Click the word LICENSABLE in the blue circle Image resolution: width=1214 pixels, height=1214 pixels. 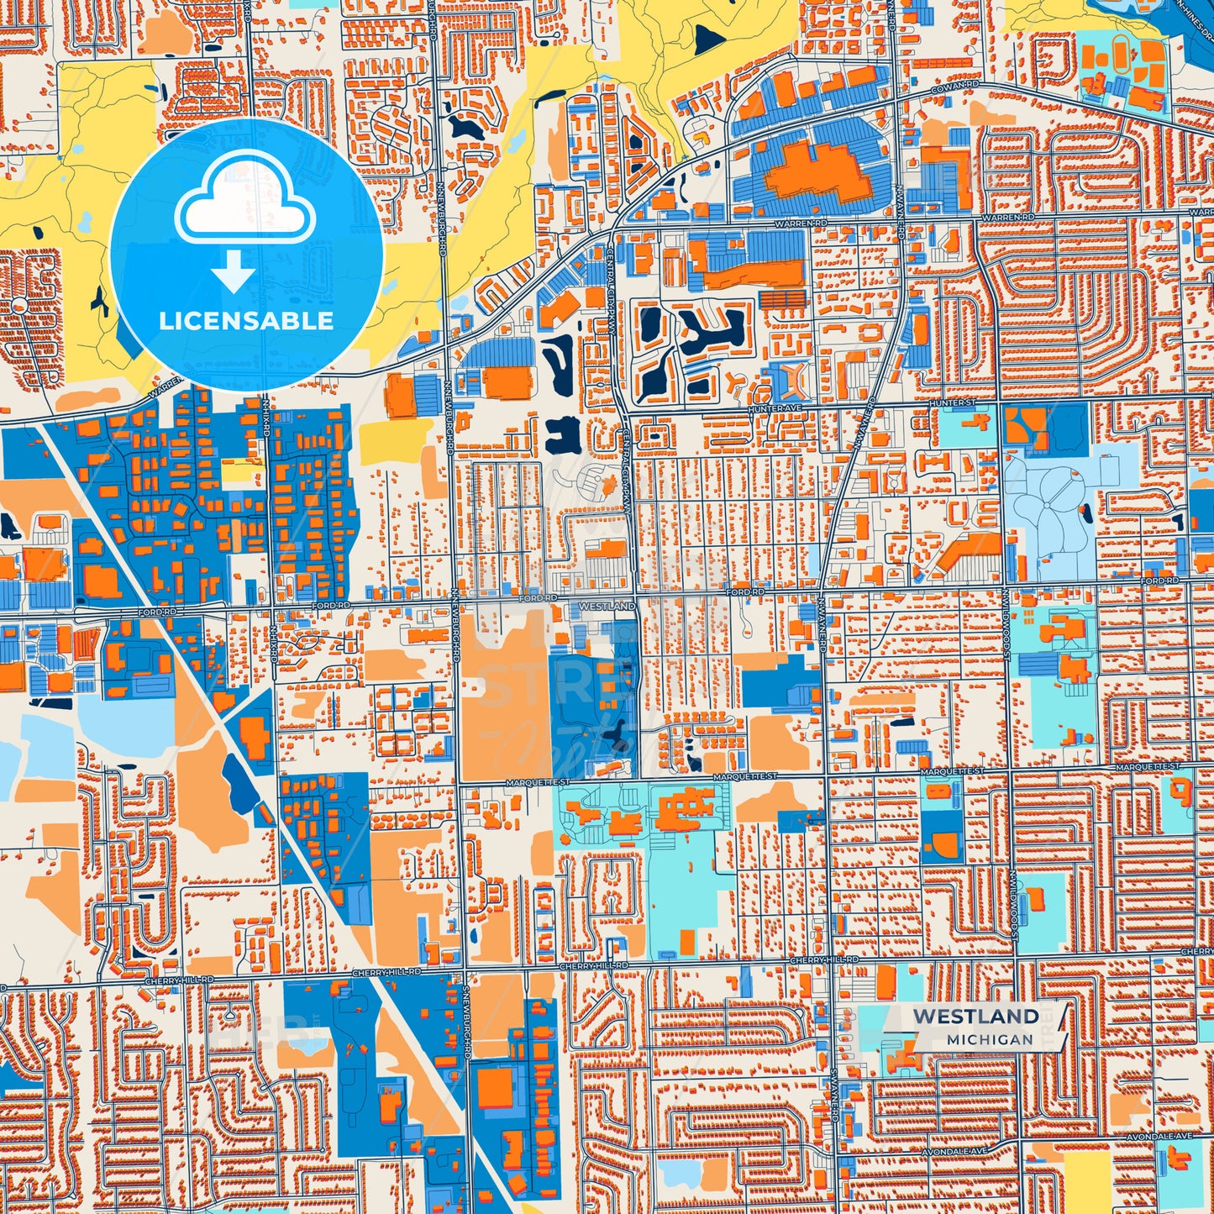(246, 320)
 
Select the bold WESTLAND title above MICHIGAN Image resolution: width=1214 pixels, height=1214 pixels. (975, 1016)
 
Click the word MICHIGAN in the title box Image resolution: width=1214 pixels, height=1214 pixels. (990, 1039)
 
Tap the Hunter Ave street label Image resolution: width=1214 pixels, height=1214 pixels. (775, 408)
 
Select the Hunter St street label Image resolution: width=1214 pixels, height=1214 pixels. (952, 403)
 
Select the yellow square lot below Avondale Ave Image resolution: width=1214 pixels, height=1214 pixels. (1087, 1176)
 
